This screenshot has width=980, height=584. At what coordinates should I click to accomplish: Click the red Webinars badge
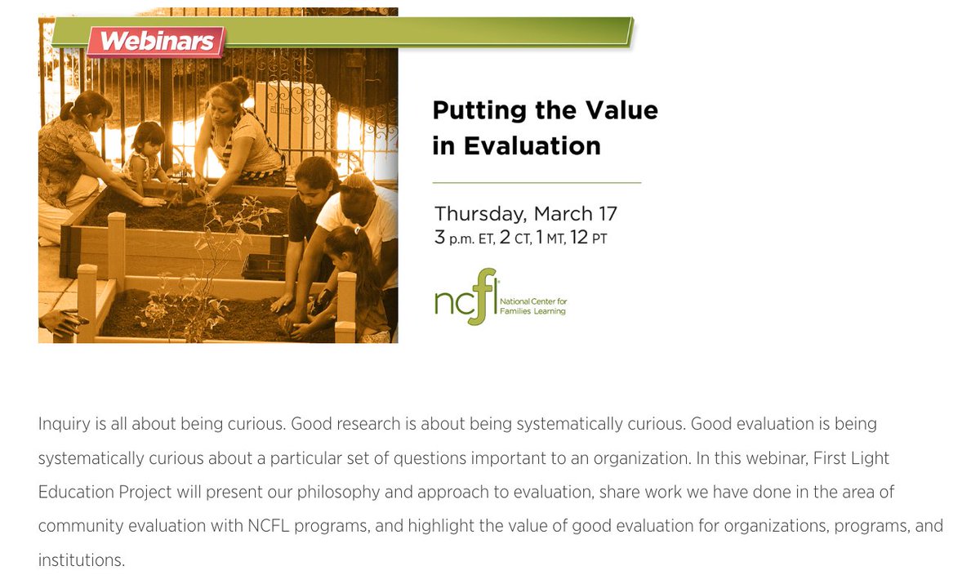click(x=155, y=41)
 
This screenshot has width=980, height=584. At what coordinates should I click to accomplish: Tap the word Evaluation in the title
click(x=532, y=146)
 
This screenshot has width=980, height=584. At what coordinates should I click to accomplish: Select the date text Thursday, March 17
click(x=525, y=214)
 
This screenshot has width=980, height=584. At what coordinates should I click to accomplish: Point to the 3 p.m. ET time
click(x=463, y=239)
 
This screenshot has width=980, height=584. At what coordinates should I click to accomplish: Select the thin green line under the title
click(x=537, y=183)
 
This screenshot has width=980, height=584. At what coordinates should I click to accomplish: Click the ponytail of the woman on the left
click(x=67, y=111)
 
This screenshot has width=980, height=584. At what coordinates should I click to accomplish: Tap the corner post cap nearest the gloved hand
click(x=87, y=272)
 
